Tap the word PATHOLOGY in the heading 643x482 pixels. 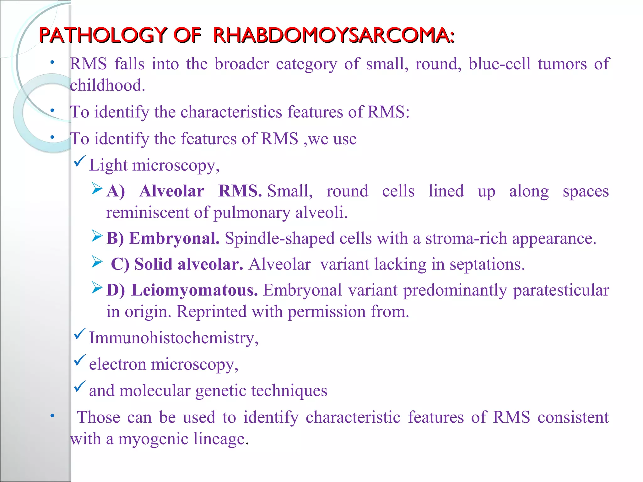[x=103, y=35]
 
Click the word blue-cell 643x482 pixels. [x=500, y=64]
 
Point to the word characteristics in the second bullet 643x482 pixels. [x=231, y=112]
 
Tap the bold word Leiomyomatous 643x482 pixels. [x=194, y=290]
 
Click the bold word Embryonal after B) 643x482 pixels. [x=174, y=238]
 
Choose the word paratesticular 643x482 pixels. [x=561, y=290]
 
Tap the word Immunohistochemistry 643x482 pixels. [x=173, y=338]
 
